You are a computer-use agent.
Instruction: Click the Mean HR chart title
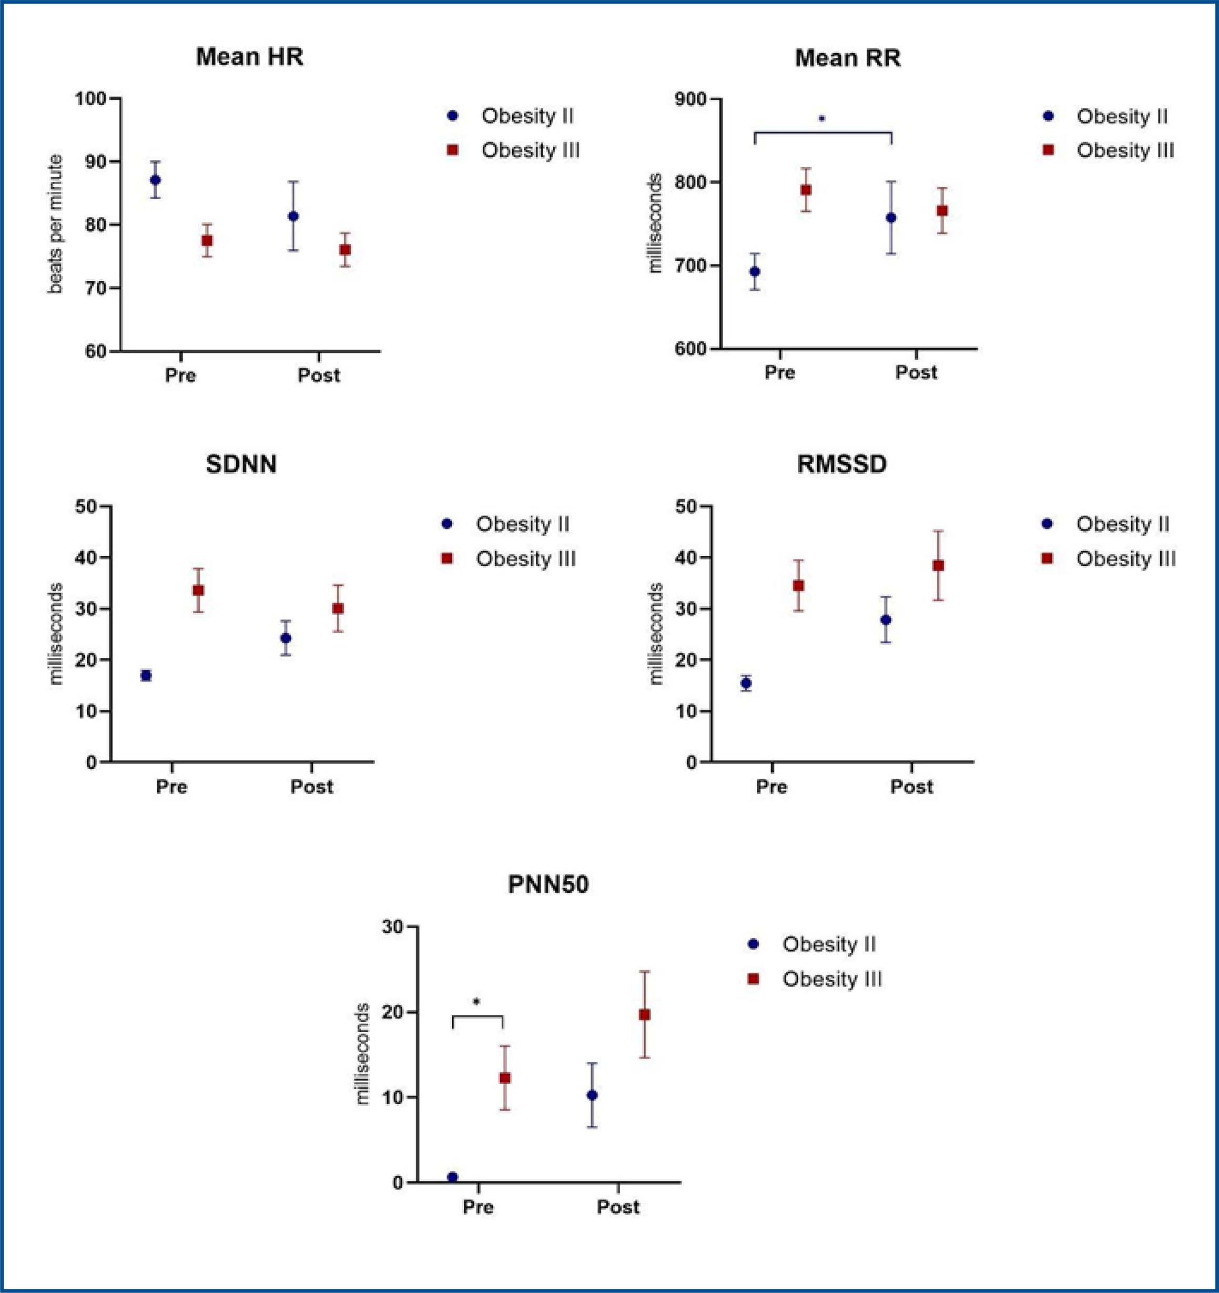click(250, 57)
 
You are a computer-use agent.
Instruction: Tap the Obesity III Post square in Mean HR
click(345, 250)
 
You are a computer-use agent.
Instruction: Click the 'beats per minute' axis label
click(56, 225)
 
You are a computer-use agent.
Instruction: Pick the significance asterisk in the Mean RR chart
click(821, 119)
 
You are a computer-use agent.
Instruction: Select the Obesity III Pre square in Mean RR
click(806, 190)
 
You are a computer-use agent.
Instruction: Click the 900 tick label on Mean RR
click(689, 99)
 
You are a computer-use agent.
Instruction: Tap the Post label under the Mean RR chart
click(916, 373)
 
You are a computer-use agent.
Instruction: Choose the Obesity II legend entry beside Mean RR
click(1106, 117)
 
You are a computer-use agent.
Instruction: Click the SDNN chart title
click(241, 464)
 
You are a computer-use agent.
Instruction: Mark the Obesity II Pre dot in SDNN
click(146, 676)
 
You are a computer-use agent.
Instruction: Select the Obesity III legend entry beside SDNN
click(511, 559)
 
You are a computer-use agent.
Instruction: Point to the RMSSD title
click(842, 464)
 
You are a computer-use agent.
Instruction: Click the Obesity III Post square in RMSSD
click(938, 566)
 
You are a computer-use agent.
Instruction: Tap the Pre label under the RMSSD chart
click(771, 787)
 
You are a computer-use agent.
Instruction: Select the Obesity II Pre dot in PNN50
click(453, 1177)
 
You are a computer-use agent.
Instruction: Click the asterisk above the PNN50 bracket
click(477, 1002)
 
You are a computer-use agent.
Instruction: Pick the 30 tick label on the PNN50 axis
click(392, 927)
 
